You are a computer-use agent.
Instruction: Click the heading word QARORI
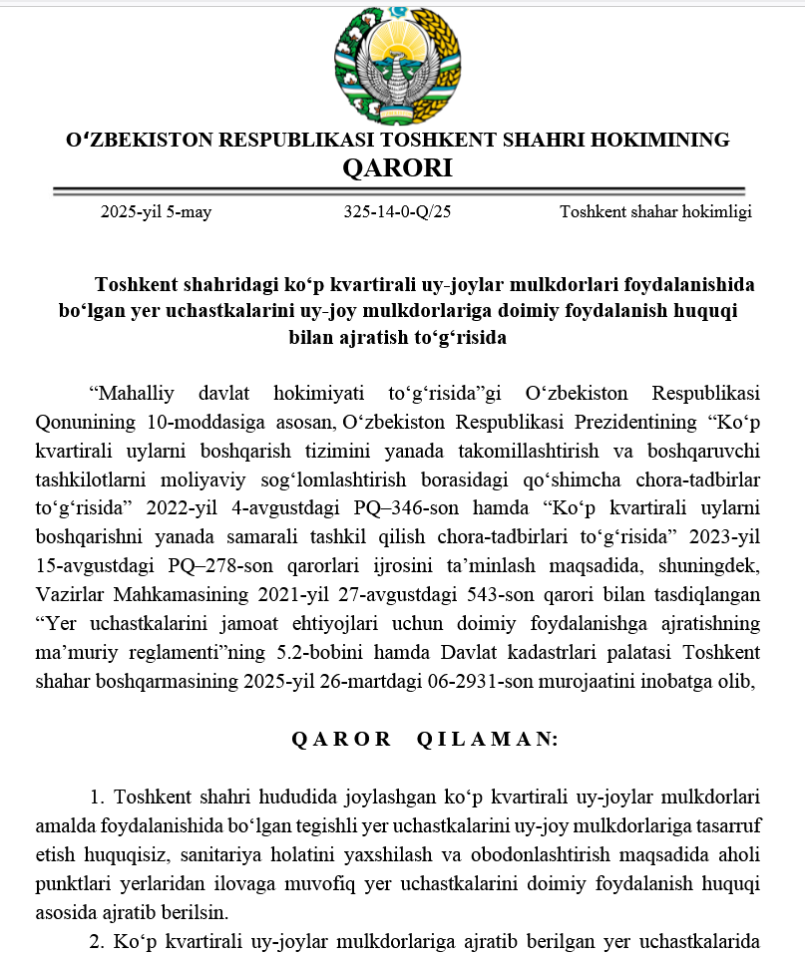[x=397, y=167]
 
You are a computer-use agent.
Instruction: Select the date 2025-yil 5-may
[x=156, y=211]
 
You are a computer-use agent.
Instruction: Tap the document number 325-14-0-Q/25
[x=397, y=211]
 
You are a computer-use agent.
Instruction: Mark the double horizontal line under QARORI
[x=398, y=190]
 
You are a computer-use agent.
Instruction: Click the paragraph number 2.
[x=97, y=942]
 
